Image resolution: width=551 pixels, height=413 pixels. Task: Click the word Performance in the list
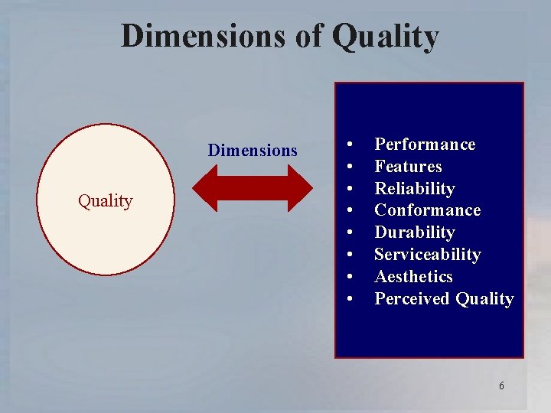coord(425,145)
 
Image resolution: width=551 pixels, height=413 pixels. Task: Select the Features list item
coord(408,167)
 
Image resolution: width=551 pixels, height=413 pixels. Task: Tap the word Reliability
coord(414,188)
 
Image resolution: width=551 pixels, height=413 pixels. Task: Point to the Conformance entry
coord(427,210)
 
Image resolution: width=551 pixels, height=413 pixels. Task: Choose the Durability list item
coord(414,233)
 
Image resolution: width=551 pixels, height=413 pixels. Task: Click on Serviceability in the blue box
coord(427,255)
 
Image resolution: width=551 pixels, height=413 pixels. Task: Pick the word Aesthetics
coord(413,277)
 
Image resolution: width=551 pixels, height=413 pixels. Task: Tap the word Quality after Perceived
coord(484,299)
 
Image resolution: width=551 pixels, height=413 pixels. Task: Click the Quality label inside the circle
coord(106,201)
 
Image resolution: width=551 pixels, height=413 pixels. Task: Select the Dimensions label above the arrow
coord(253,150)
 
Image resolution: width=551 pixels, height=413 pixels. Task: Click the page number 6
coord(501,385)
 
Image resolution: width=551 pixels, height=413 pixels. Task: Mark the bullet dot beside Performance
coord(349,145)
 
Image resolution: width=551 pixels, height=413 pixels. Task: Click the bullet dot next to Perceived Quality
coord(349,299)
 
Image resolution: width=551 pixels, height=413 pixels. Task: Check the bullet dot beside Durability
coord(349,233)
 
